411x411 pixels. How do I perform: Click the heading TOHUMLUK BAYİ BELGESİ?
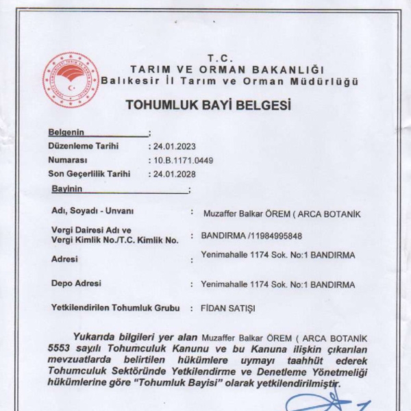coord(208,106)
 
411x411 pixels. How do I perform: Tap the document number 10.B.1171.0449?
coord(180,160)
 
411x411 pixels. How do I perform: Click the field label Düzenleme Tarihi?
coord(84,146)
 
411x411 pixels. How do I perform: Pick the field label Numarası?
coord(70,160)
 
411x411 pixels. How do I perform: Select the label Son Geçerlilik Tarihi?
coord(89,174)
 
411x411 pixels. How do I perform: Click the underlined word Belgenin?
coord(66,132)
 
